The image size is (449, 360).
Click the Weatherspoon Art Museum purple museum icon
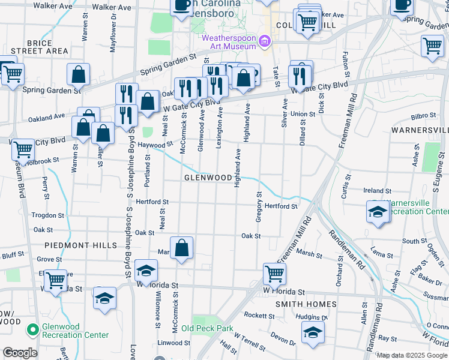click(x=265, y=42)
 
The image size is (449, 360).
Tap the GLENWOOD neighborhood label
click(x=208, y=178)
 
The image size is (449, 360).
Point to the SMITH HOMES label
click(x=306, y=304)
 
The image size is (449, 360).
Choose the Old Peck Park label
click(x=207, y=328)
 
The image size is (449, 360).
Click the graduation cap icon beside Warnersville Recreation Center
click(x=378, y=212)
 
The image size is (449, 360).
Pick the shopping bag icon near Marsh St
click(x=182, y=248)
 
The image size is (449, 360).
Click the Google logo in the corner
click(x=20, y=353)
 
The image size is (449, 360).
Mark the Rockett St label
click(x=259, y=315)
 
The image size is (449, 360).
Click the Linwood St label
click(x=173, y=343)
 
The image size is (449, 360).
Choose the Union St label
click(x=303, y=114)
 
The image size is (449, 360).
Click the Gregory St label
click(x=259, y=207)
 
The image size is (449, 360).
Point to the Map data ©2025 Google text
click(x=412, y=355)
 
